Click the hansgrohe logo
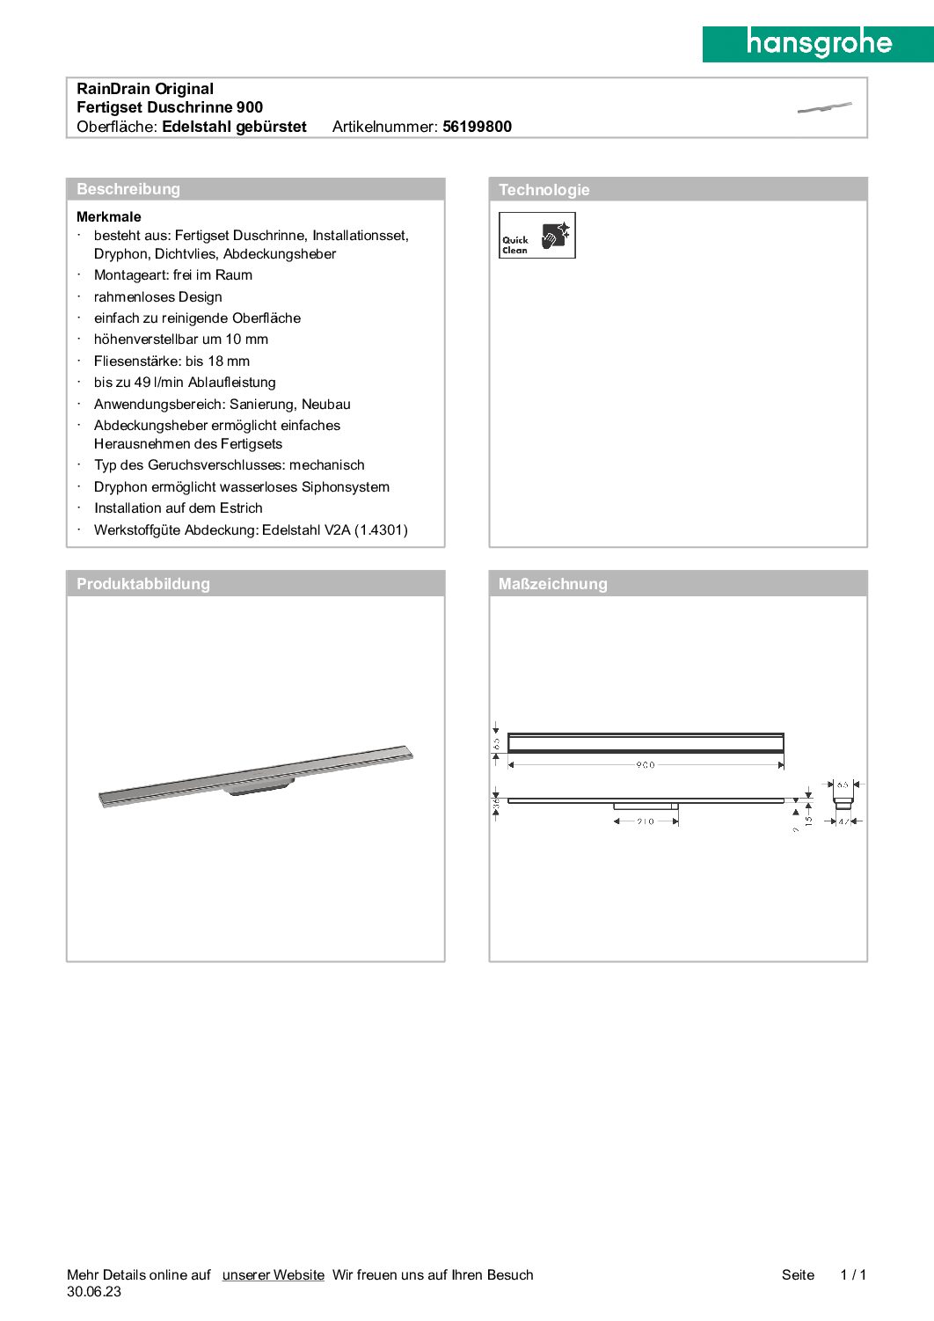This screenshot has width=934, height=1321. tap(818, 43)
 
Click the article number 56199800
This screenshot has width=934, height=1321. tap(477, 127)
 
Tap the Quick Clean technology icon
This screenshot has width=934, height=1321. tap(536, 235)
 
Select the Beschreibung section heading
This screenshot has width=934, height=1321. tap(128, 189)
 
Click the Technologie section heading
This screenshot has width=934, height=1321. tap(544, 190)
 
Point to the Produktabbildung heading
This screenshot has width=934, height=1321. tap(143, 584)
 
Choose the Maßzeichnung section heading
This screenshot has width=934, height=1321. tap(552, 584)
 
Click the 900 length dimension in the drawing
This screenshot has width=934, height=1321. tap(645, 765)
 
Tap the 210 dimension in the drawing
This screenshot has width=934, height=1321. tap(645, 821)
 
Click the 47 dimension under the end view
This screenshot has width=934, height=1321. tap(843, 821)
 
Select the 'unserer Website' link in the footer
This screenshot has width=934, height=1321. tap(273, 1274)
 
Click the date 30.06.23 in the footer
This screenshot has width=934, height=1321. tap(94, 1292)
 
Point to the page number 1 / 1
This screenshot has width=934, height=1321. tap(853, 1274)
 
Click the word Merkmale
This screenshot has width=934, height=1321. tap(109, 216)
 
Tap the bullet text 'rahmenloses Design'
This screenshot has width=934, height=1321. tap(158, 297)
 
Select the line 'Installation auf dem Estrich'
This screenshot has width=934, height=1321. tap(179, 508)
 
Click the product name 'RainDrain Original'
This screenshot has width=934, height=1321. tap(145, 89)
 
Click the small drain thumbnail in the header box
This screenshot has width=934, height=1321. tap(824, 107)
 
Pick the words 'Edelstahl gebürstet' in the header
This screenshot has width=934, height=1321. tap(234, 127)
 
